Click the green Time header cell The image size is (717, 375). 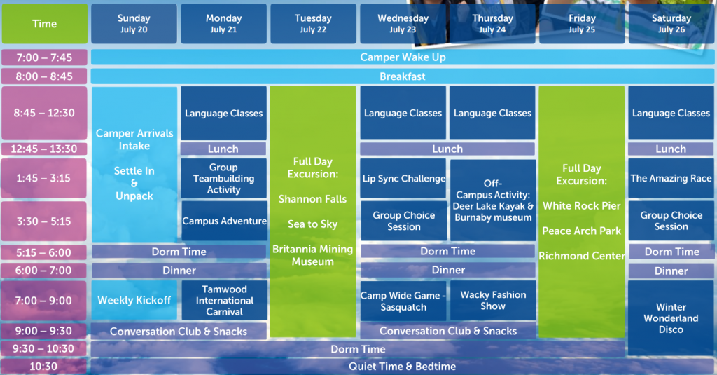[44, 24]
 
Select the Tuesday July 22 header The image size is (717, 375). [313, 24]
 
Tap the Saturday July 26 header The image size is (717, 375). [671, 24]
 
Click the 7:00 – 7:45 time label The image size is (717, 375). [44, 57]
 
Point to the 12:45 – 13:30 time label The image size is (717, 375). [44, 149]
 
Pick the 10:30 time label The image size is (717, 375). [44, 367]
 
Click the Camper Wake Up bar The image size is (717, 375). [403, 57]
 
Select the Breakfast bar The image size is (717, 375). [403, 76]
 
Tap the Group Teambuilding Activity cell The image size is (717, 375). [223, 179]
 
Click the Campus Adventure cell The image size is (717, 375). [225, 221]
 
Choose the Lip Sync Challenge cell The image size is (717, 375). [403, 179]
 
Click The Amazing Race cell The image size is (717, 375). [671, 179]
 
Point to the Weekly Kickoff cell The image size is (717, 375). [134, 301]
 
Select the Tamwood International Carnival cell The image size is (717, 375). [225, 301]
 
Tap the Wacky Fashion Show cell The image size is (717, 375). [493, 301]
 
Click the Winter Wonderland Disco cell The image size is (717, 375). [671, 318]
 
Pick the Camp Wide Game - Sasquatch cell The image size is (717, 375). [403, 301]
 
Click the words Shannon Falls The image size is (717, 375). [313, 199]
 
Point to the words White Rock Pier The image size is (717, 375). [582, 206]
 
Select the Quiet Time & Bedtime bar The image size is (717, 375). [403, 367]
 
